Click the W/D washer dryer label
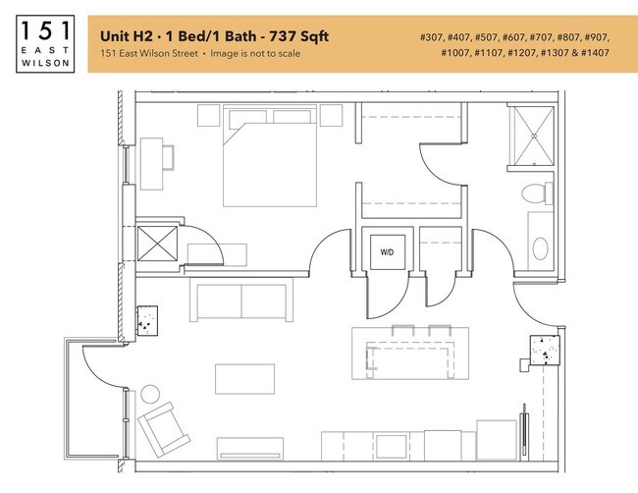coord(387,252)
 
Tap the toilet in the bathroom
coord(537,193)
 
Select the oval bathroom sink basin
coord(541,248)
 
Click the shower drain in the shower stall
coord(534,136)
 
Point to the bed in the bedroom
coord(270,156)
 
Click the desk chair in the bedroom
coord(169,157)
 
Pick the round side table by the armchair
coord(150,394)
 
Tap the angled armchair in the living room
coord(164,429)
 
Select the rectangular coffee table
coord(245,379)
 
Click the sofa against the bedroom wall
coord(241,301)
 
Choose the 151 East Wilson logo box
coord(45,44)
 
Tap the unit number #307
coord(431,37)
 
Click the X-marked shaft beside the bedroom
coord(157,244)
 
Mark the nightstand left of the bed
coord(209,116)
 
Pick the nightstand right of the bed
coord(331,116)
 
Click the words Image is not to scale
coord(255,53)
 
